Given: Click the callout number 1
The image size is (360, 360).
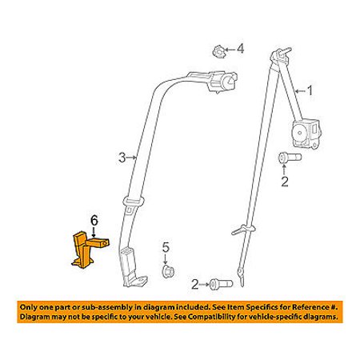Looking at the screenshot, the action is point(310,91).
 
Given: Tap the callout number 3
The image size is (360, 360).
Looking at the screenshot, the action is point(122,158).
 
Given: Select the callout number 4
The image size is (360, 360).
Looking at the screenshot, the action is point(241,49).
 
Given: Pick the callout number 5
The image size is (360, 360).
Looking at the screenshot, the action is point(166,247).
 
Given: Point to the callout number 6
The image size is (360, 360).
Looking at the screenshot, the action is point(94,221).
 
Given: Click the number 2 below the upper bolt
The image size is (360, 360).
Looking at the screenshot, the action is point(285,182).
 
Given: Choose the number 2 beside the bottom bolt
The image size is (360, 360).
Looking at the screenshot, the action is point(195,285).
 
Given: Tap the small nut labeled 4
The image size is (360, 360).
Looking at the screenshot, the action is point(218,50).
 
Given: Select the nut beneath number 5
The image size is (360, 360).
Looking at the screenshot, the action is point(168,271).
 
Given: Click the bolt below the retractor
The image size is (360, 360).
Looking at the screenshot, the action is point(290,158).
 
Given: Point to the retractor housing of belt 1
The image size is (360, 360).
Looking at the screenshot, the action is point(307,133).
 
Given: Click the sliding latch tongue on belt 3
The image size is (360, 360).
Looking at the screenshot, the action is point(133,205).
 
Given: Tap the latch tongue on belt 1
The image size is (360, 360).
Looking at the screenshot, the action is point(242,230).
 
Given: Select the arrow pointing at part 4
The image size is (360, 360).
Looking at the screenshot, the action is point(230,50).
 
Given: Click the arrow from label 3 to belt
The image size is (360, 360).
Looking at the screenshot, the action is point(132,158).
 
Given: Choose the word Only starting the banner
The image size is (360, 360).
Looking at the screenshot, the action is point(29,307).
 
